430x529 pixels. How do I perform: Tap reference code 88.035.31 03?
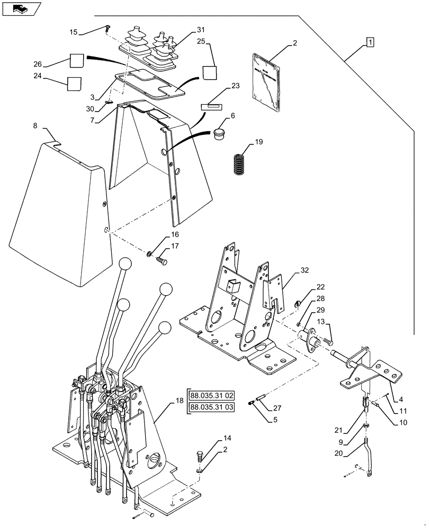coord(213,407)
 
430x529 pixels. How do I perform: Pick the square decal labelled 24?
coord(74,84)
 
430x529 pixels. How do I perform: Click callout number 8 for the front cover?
coord(35,125)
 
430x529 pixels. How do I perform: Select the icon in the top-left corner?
coord(20,8)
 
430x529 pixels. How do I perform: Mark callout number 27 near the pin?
coord(277,409)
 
